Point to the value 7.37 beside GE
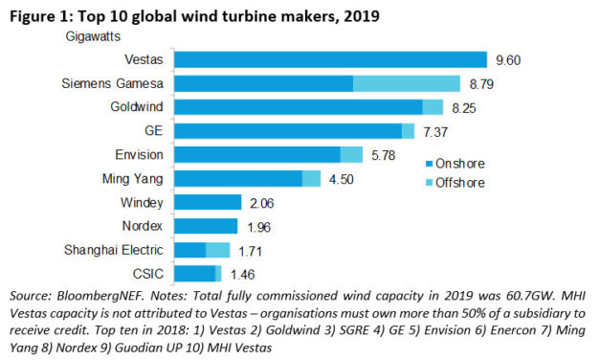pyautogui.click(x=437, y=131)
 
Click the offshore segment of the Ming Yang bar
pyautogui.click(x=311, y=178)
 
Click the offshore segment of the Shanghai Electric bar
pyautogui.click(x=217, y=250)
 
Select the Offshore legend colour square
pyautogui.click(x=428, y=182)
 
